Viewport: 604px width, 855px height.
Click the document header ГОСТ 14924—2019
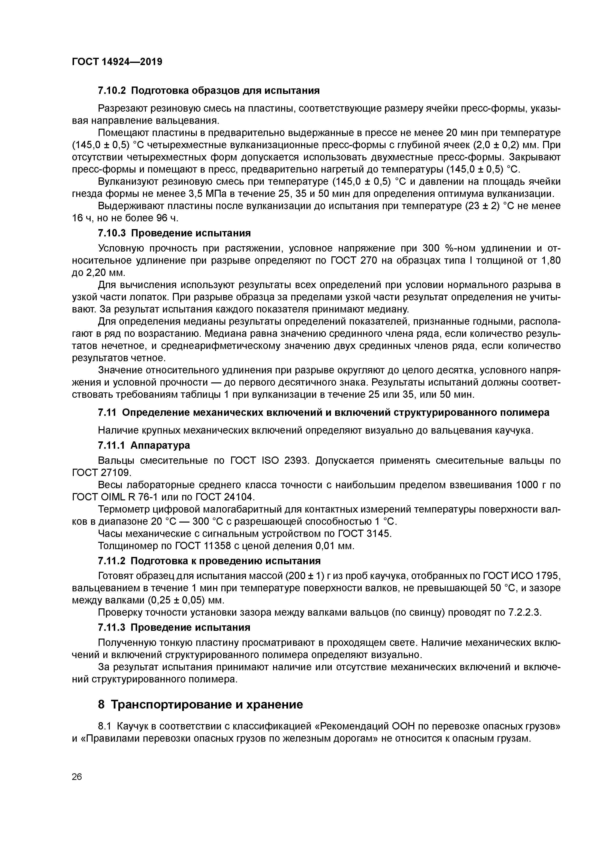coord(117,61)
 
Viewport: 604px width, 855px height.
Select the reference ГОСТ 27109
coord(102,473)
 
